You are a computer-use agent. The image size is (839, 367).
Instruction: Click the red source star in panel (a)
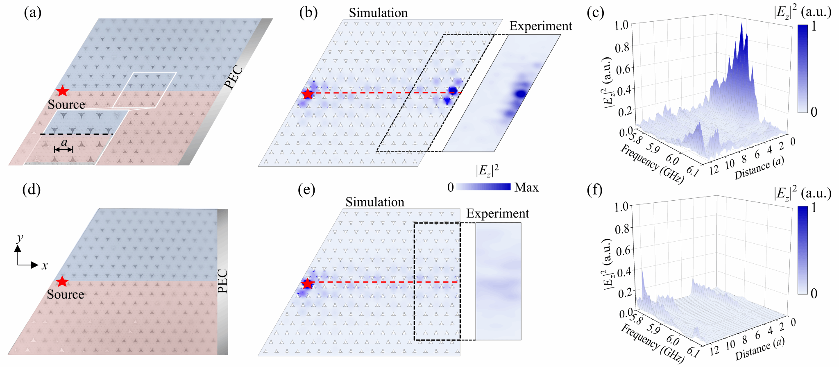point(62,91)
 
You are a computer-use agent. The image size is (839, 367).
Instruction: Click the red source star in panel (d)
point(62,281)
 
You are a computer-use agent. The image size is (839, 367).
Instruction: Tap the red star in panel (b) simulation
point(308,94)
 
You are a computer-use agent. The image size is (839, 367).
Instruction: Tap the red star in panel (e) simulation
point(307,283)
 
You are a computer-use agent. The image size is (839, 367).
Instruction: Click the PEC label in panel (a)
point(234,77)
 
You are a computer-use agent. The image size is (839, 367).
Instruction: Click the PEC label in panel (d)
point(222,281)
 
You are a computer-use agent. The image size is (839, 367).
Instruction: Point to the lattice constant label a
point(64,142)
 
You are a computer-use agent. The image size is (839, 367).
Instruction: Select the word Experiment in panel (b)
point(540,26)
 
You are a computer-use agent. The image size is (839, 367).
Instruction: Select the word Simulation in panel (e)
point(374,202)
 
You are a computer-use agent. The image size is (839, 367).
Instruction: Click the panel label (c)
point(595,13)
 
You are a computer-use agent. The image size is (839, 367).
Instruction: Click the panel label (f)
point(594,190)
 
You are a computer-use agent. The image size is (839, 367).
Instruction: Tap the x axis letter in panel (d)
point(45,265)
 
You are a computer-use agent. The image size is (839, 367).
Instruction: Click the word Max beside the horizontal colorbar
point(526,187)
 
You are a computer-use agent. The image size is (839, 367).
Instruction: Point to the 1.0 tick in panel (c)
point(621,25)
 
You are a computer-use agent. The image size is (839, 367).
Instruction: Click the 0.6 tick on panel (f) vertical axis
point(621,249)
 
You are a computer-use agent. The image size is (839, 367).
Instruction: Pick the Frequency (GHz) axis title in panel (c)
point(652,164)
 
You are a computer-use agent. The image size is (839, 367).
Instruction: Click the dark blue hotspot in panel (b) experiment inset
point(521,94)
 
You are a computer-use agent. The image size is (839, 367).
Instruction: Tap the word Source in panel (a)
point(66,104)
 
